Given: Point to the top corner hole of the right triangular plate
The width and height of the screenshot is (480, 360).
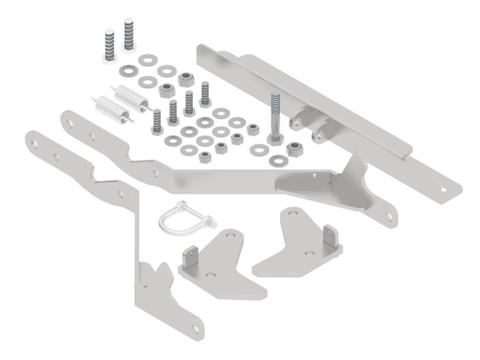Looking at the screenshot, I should (294, 217).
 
